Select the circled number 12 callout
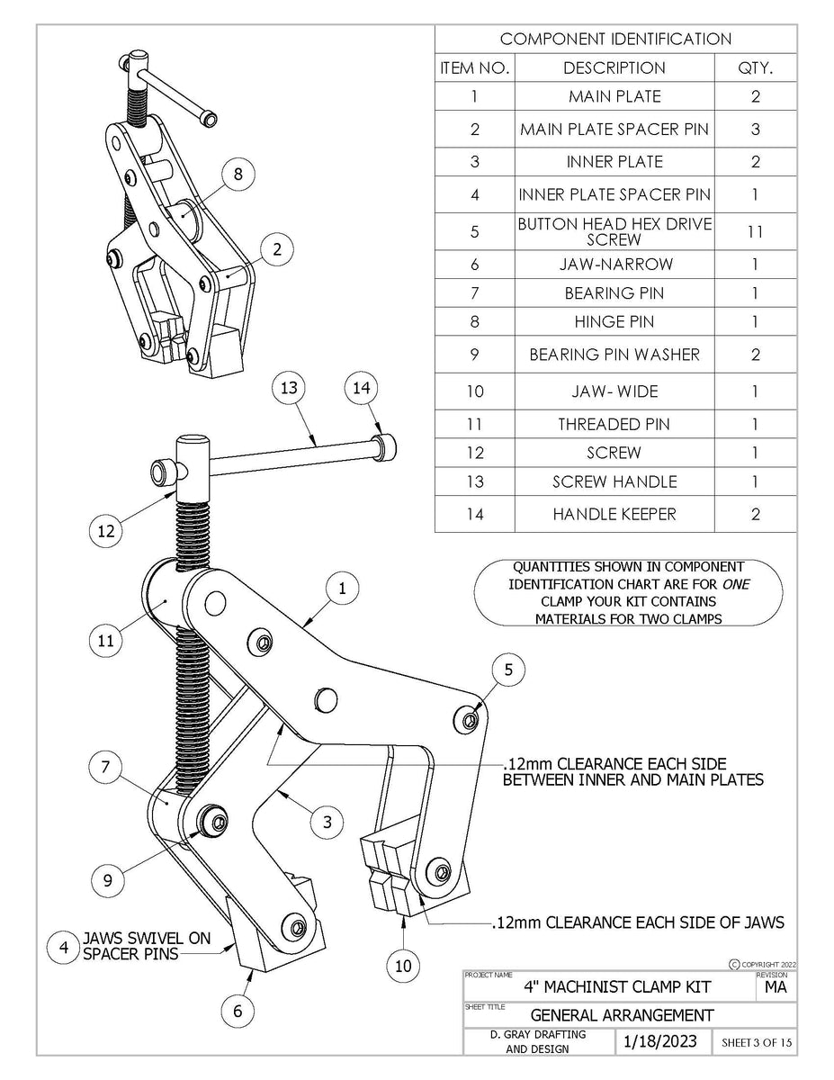[x=107, y=531]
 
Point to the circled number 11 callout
[x=106, y=642]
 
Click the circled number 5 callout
[x=508, y=670]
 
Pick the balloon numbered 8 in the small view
[x=238, y=175]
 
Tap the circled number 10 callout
[x=403, y=966]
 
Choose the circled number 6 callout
[x=238, y=1011]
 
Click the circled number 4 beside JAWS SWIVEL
[x=63, y=947]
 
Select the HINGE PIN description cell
[x=614, y=321]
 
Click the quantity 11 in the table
[x=755, y=231]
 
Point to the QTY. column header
[x=755, y=67]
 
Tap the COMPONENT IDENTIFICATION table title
[x=615, y=39]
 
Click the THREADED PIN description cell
[x=614, y=424]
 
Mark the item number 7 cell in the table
[x=475, y=293]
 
